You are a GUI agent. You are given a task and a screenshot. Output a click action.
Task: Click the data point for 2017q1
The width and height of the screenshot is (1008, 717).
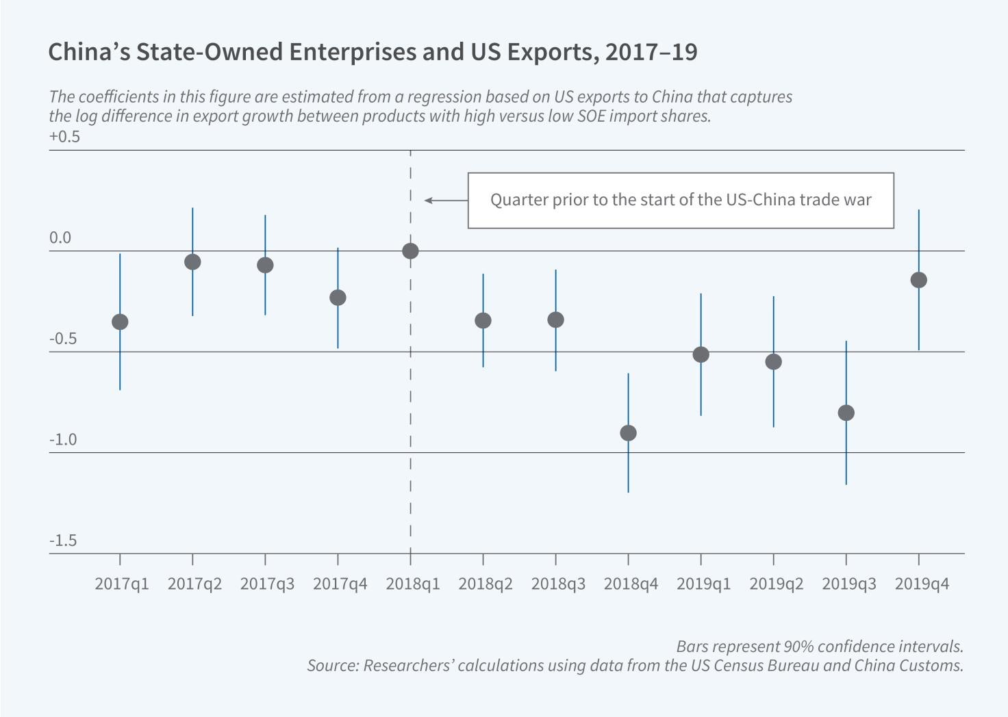point(120,322)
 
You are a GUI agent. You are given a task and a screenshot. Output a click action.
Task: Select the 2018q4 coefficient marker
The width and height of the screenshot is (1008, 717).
point(628,433)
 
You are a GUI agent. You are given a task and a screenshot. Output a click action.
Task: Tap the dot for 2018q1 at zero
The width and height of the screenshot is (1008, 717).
point(410,251)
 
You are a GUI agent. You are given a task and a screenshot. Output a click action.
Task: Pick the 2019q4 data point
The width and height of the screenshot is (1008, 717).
point(918,280)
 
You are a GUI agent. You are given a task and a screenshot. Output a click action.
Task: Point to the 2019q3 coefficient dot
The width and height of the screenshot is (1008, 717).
point(846,413)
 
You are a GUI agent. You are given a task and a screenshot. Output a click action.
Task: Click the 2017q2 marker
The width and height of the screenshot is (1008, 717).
point(192,261)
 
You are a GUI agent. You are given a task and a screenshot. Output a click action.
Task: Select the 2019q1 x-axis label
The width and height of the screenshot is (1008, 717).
point(703,584)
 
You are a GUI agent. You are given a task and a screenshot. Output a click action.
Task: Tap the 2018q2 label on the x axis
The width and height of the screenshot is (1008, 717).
point(486,584)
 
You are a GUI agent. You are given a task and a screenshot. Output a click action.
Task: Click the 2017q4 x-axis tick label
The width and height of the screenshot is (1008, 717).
point(340,584)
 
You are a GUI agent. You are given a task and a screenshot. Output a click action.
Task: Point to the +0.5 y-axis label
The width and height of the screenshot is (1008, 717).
point(64,137)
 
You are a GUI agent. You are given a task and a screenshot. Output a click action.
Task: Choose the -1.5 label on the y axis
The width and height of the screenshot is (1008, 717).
point(63,541)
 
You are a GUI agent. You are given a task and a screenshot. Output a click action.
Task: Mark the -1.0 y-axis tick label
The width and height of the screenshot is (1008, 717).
point(63,440)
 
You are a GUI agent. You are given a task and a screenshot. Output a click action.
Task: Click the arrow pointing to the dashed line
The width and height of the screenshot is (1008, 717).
point(445,200)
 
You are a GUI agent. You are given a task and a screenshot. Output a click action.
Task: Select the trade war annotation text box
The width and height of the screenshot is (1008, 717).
point(681,200)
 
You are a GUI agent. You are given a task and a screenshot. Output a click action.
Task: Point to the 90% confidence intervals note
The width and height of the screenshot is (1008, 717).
point(820,647)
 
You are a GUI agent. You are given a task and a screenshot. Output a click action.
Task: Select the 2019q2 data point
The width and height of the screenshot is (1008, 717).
point(773,361)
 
